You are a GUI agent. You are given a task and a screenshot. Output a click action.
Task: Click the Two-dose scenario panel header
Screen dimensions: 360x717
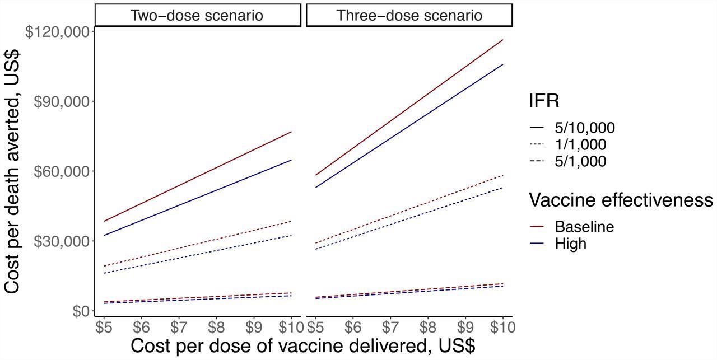click(197, 15)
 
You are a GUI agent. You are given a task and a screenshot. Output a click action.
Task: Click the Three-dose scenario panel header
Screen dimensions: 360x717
click(409, 15)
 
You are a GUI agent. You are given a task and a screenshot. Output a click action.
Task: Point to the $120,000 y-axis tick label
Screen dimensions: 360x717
click(58, 31)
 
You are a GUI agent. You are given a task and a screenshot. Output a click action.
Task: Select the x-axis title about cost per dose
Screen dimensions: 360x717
click(302, 345)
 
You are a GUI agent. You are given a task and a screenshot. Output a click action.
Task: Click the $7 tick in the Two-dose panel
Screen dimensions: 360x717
click(178, 325)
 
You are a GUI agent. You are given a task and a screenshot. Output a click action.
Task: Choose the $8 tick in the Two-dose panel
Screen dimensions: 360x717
click(216, 325)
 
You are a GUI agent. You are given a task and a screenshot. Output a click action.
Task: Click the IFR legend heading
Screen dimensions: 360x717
click(543, 101)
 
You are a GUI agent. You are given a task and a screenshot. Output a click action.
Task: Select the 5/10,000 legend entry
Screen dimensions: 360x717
click(584, 128)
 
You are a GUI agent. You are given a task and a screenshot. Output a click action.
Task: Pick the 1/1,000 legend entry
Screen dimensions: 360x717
click(580, 145)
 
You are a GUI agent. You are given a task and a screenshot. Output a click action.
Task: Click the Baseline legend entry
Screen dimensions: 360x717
click(584, 227)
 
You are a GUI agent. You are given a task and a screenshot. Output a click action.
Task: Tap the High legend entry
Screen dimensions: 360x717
click(570, 244)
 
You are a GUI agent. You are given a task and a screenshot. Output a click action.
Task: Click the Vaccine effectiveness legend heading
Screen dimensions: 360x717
click(621, 200)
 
